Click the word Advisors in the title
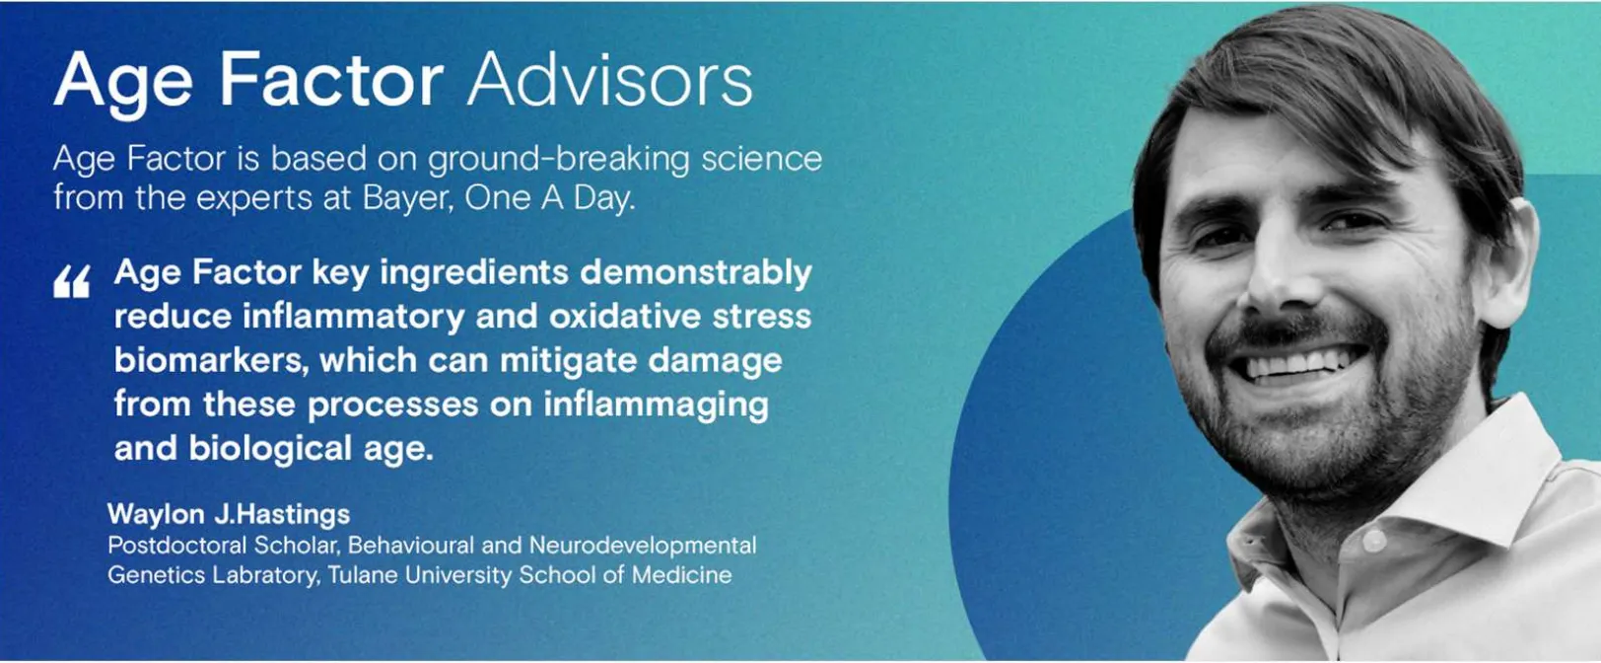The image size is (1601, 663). [x=609, y=79]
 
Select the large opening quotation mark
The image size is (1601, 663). [x=71, y=282]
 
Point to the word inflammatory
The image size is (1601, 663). [x=354, y=317]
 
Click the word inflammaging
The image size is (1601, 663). [x=656, y=405]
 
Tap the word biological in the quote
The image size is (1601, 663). [x=270, y=449]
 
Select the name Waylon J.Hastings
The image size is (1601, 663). [x=229, y=513]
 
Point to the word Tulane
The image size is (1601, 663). [x=363, y=575]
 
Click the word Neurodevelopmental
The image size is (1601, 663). [x=643, y=546]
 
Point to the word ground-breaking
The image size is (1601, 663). [x=558, y=160]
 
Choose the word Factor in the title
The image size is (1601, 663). [x=331, y=79]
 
